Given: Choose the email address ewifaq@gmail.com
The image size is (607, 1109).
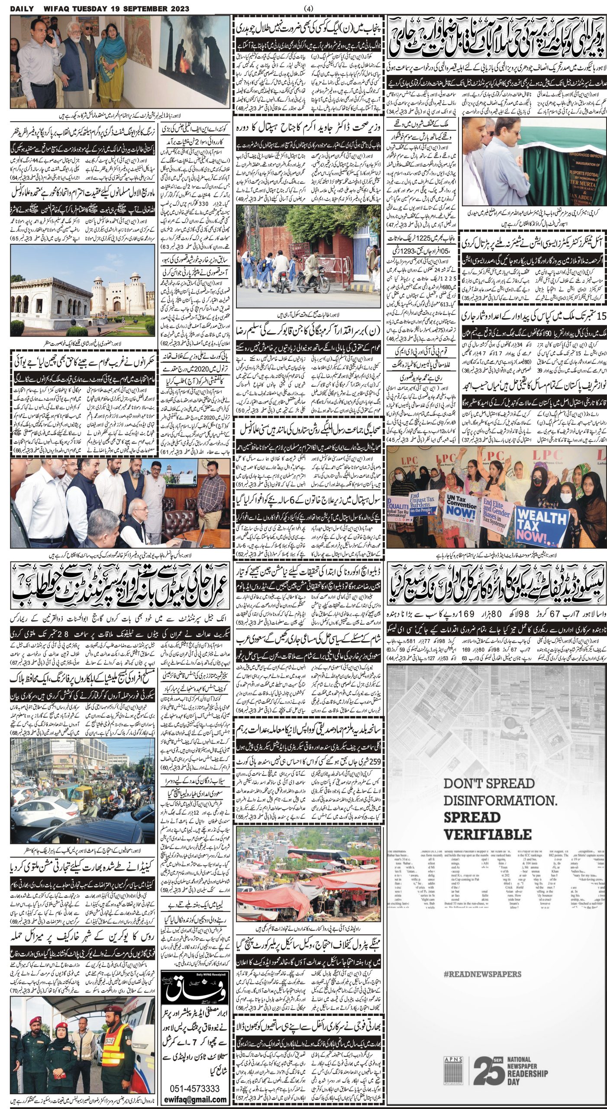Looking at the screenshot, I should [195, 1099].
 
